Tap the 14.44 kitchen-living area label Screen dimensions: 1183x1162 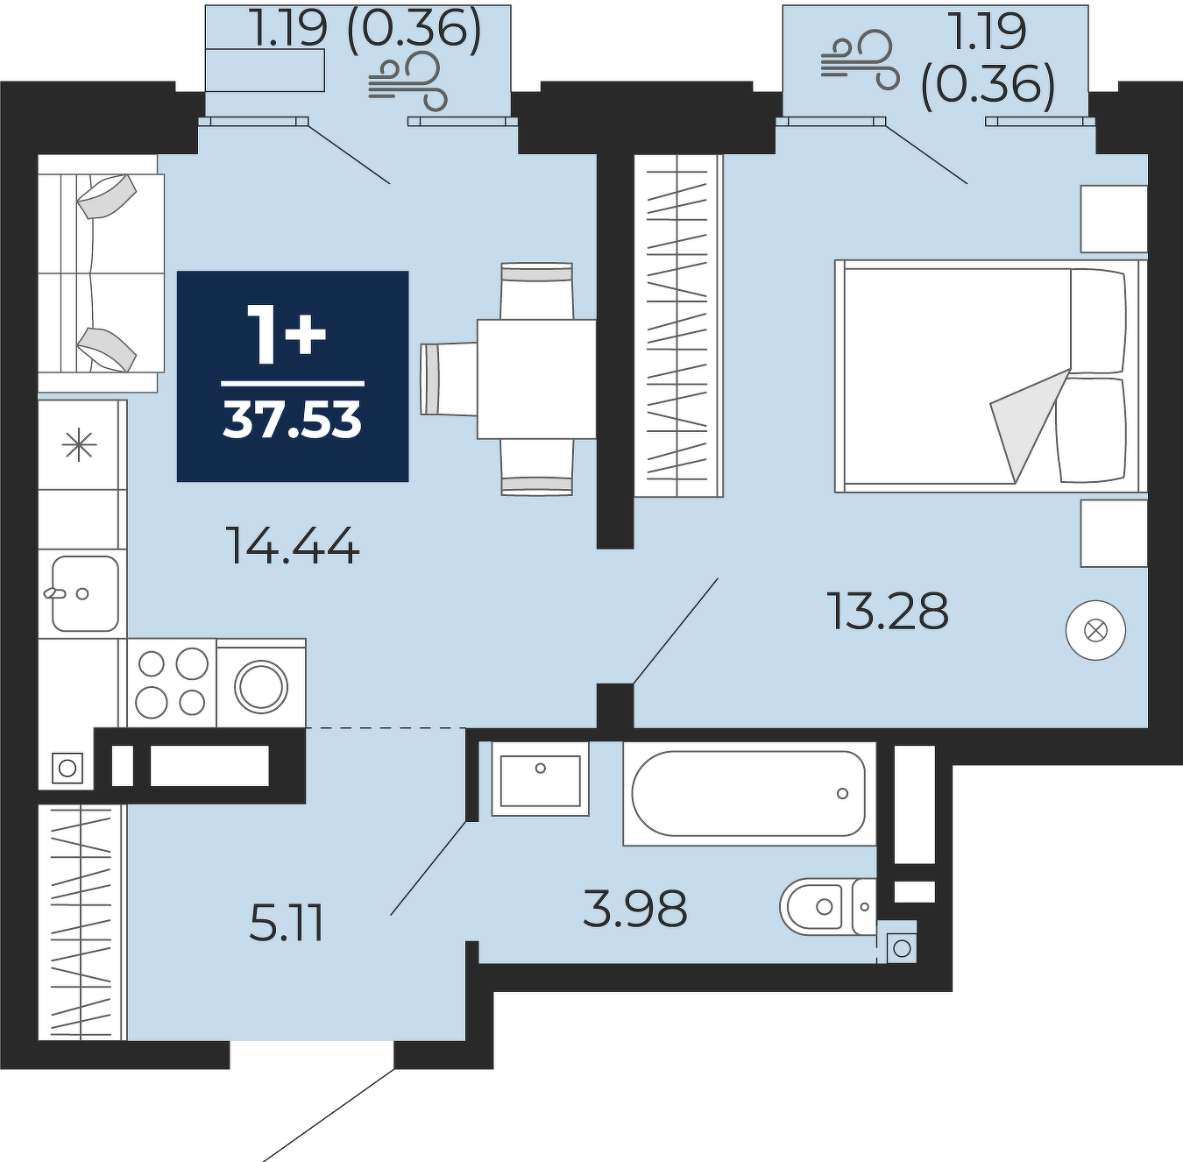tap(292, 546)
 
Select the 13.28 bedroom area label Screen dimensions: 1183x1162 tap(889, 611)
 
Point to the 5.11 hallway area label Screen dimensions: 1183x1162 tap(286, 923)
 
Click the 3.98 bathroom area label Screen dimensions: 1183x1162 tap(634, 909)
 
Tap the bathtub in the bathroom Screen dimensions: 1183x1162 tap(749, 793)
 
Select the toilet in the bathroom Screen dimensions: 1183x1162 tap(828, 906)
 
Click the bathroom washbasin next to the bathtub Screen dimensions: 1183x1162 tap(541, 780)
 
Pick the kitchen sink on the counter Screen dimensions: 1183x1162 tap(84, 593)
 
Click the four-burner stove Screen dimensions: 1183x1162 tap(171, 683)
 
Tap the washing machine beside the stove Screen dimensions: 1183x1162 tap(261, 684)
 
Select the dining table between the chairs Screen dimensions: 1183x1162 tap(536, 379)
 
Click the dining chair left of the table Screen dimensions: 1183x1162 tap(449, 379)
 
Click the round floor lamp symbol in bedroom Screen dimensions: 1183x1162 tap(1096, 631)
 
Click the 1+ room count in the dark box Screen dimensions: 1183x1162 tap(286, 336)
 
